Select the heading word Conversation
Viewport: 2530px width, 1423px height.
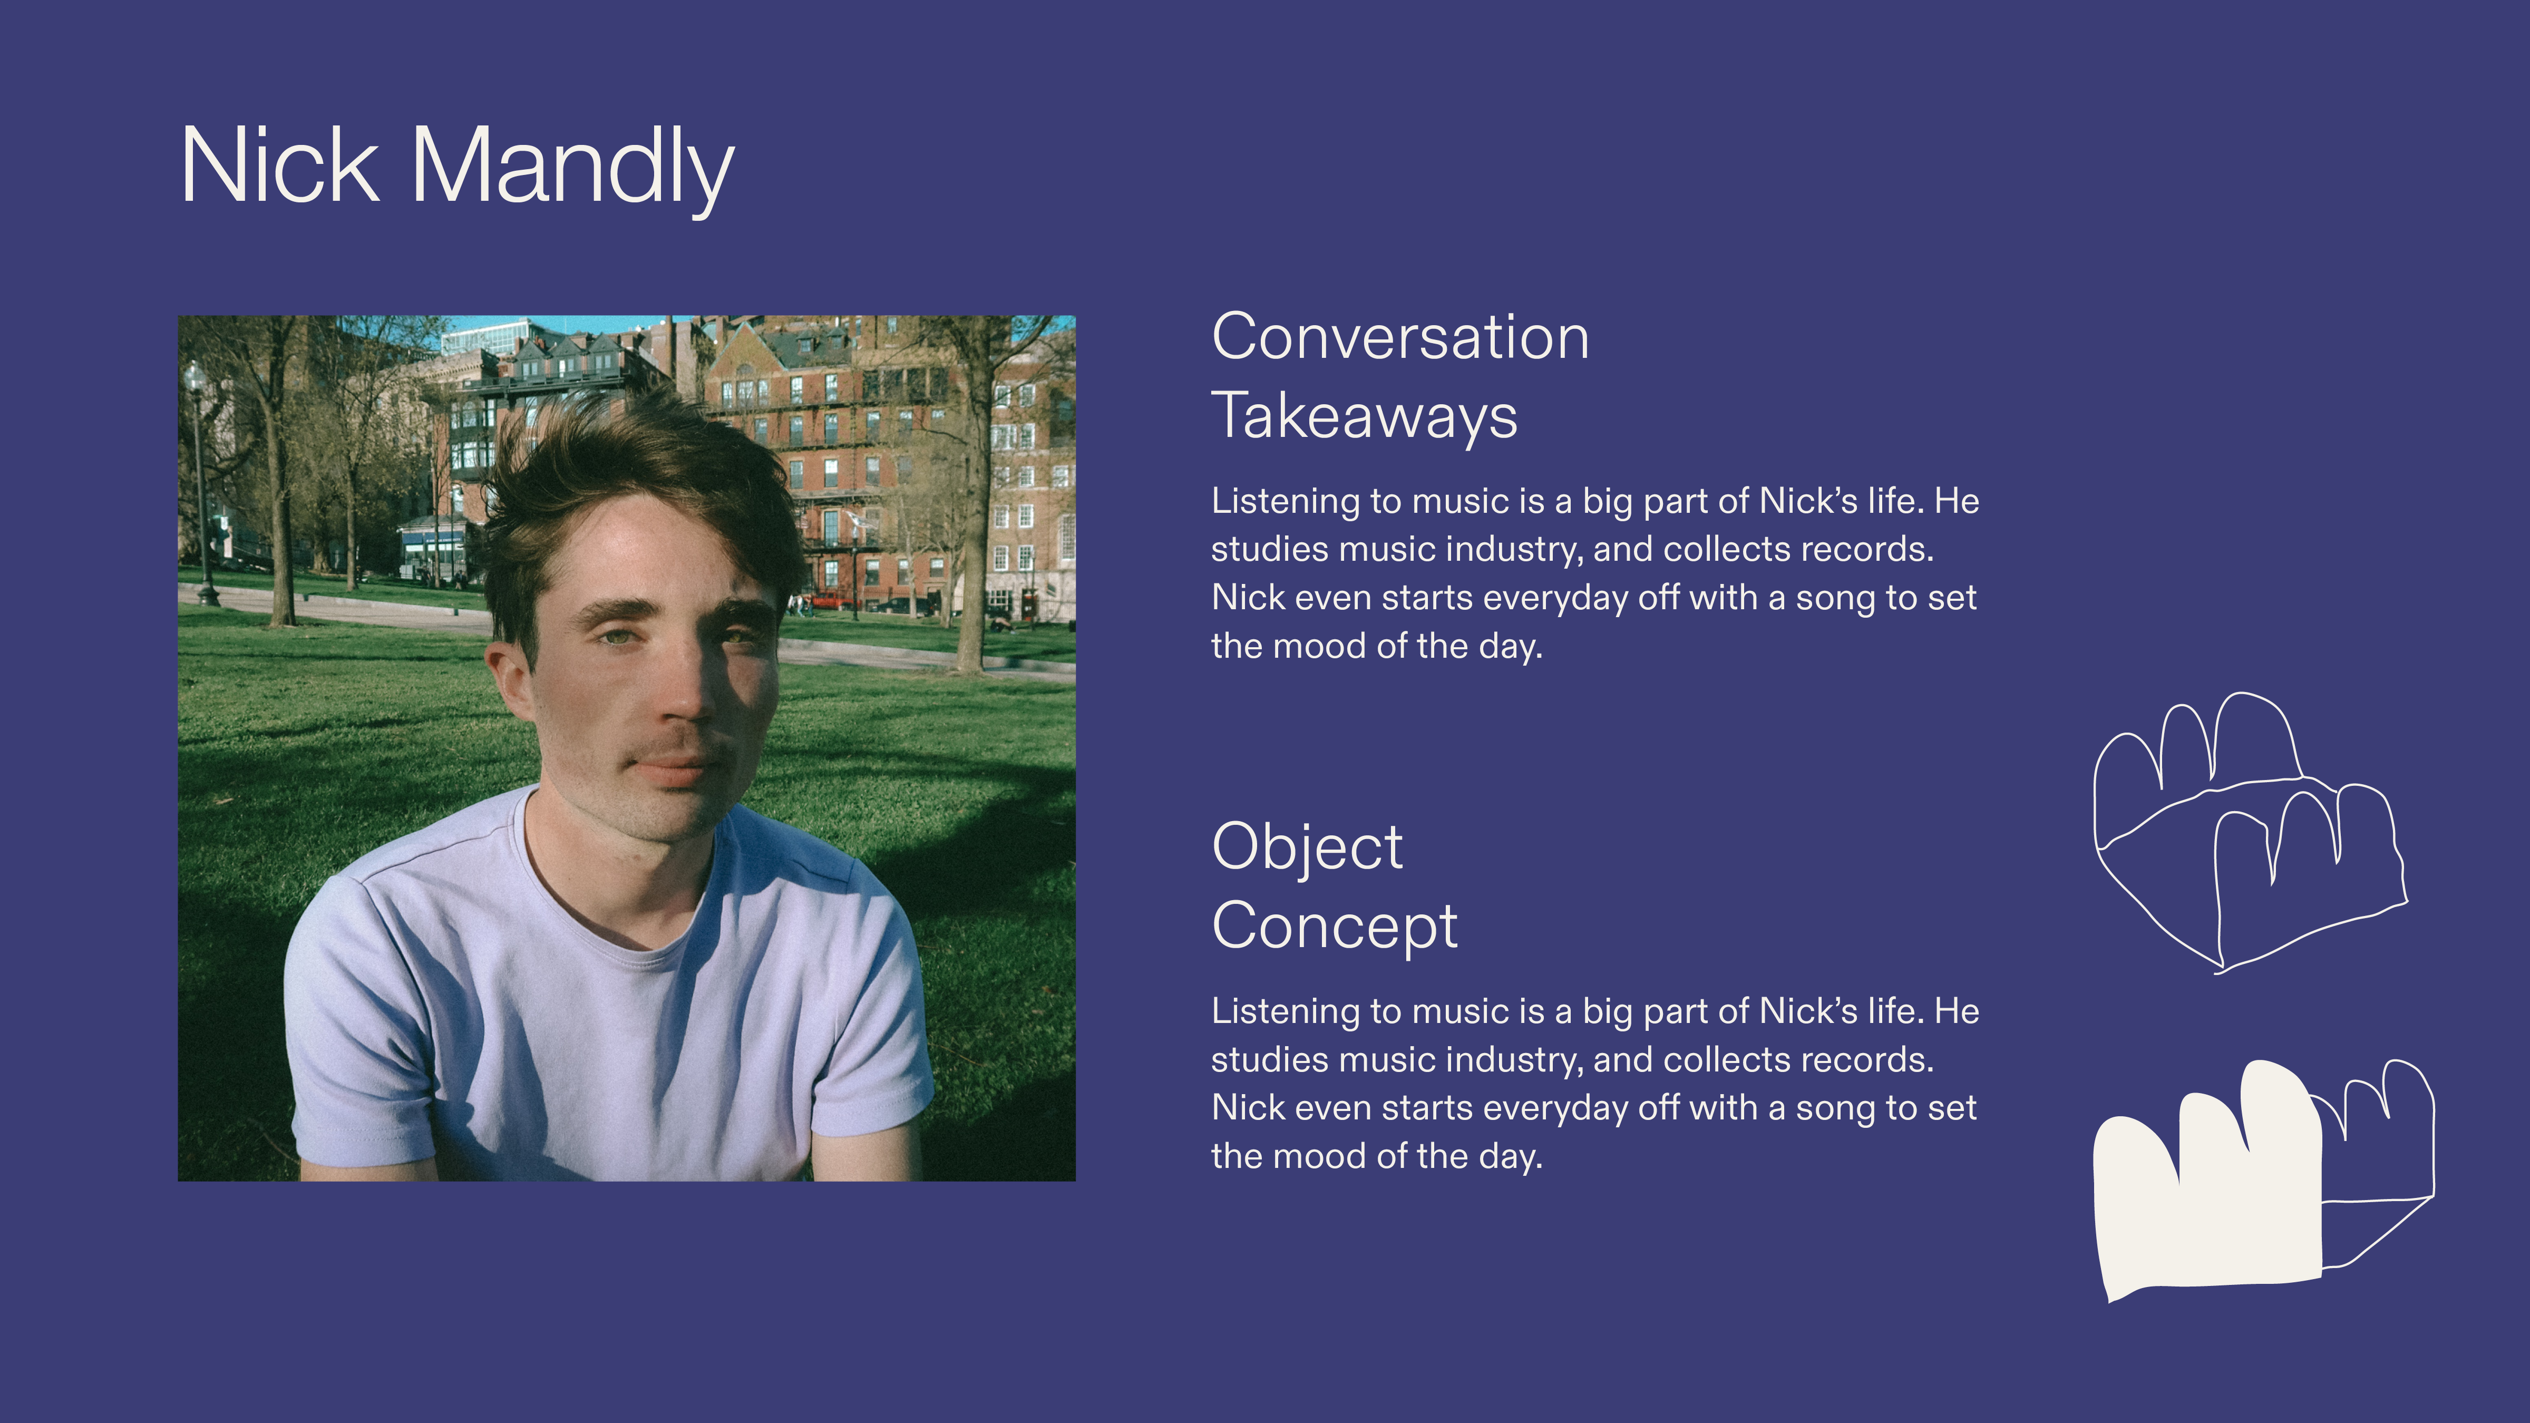1400,337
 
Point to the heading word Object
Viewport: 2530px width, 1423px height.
1307,847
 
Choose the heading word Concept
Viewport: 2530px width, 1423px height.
1335,926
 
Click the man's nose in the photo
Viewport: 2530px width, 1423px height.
687,687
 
